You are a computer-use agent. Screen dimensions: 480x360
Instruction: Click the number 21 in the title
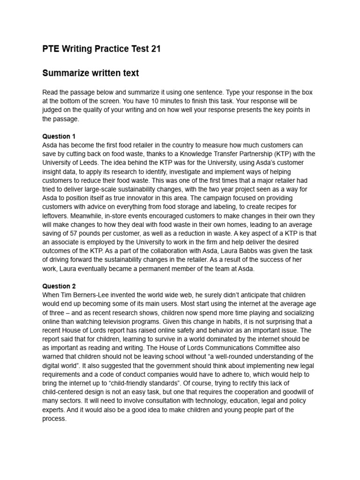point(155,49)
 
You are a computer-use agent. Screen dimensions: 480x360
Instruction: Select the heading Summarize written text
point(90,73)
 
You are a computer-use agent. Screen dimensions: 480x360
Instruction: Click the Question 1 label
point(59,136)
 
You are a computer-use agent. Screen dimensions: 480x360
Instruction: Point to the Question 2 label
point(59,286)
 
